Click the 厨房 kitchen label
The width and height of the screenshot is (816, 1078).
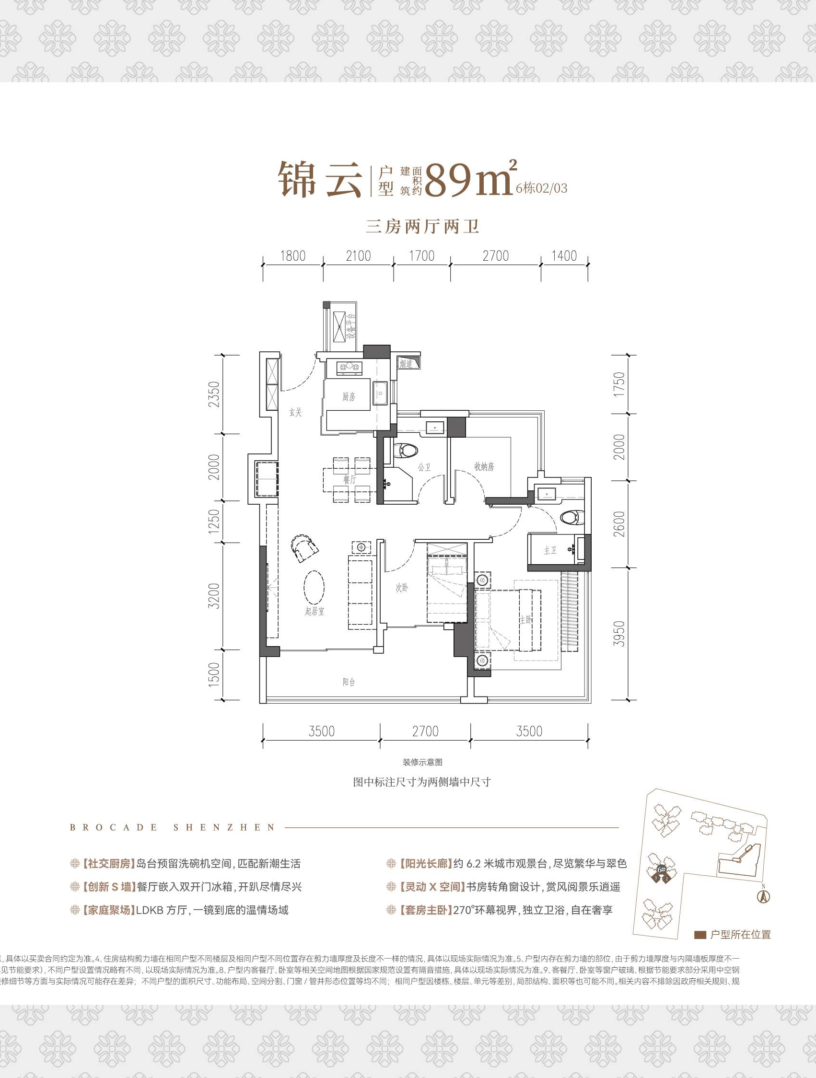pyautogui.click(x=349, y=397)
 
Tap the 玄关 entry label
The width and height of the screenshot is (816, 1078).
pyautogui.click(x=296, y=412)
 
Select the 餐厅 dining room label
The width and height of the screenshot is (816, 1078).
pyautogui.click(x=350, y=479)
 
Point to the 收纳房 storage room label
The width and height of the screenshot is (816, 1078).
pyautogui.click(x=484, y=466)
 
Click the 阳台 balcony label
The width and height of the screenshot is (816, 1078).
pyautogui.click(x=349, y=682)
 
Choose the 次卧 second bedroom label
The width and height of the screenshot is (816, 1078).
pyautogui.click(x=402, y=588)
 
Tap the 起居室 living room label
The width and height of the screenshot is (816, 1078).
pyautogui.click(x=315, y=611)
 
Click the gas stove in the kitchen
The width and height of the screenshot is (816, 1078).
pyautogui.click(x=350, y=367)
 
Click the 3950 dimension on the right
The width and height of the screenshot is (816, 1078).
pyautogui.click(x=619, y=634)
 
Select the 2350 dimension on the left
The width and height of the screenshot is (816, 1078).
pyautogui.click(x=214, y=394)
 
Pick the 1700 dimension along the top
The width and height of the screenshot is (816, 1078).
pyautogui.click(x=421, y=256)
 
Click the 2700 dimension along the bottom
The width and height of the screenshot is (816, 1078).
pyautogui.click(x=425, y=731)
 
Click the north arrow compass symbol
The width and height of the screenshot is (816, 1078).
pyautogui.click(x=763, y=895)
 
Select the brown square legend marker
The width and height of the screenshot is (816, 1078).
pyautogui.click(x=700, y=935)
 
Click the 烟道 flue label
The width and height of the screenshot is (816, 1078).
pyautogui.click(x=406, y=363)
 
